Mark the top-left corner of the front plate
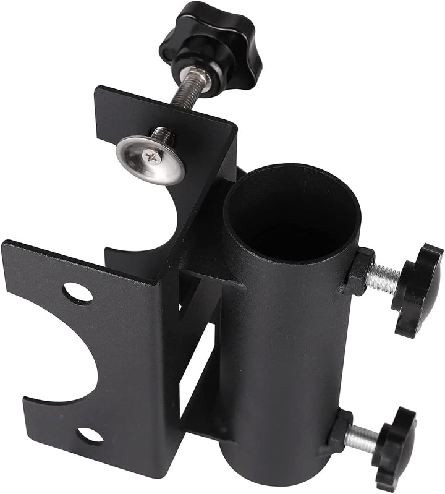[5, 243]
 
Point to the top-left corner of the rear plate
[96, 90]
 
